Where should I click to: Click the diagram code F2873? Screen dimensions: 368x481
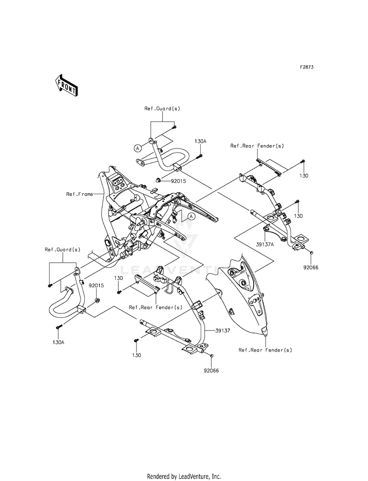pos(307,67)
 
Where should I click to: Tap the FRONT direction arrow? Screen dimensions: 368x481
pos(66,84)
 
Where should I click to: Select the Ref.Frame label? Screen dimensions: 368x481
pos(79,194)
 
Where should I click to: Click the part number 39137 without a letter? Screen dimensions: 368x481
pos(223,330)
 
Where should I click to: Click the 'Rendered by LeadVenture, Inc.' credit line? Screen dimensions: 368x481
pos(184,477)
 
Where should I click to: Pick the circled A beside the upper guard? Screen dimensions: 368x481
pos(138,148)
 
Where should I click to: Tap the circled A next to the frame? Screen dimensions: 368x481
pos(191,217)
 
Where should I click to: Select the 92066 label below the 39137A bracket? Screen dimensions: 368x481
pos(311,268)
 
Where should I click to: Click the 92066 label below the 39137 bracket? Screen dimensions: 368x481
pos(211,371)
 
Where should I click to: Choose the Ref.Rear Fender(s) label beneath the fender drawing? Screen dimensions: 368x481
pos(265,350)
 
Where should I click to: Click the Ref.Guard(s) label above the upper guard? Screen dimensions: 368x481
pos(162,108)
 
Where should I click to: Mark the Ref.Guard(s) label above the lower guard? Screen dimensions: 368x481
pos(62,250)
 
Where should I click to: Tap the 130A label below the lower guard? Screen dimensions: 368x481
pos(58,342)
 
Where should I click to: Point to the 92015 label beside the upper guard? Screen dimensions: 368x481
pos(178,181)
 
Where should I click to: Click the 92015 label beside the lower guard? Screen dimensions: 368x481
pos(96,285)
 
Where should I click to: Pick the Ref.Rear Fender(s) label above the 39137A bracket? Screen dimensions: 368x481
pos(257,146)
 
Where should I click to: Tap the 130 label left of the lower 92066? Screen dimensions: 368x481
pos(136,355)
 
